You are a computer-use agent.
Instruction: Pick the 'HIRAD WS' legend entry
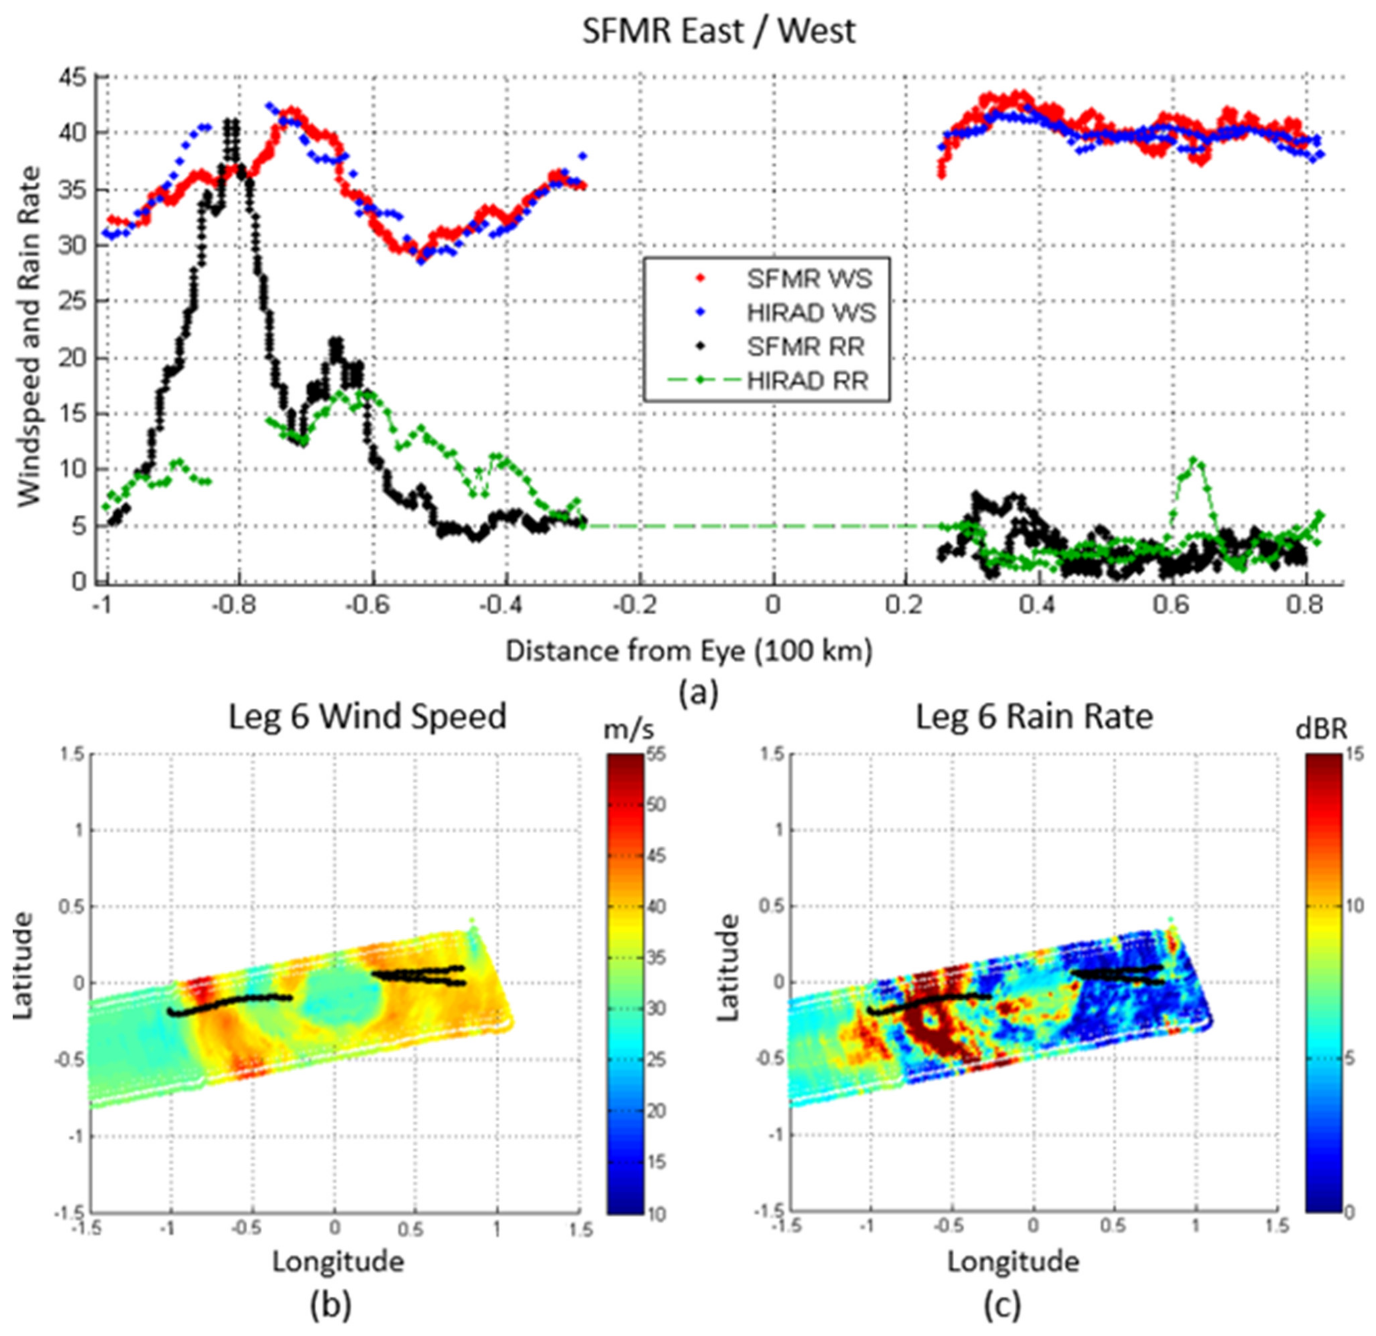(811, 312)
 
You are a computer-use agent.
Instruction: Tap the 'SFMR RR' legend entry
(805, 346)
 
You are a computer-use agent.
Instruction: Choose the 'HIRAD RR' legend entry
(807, 381)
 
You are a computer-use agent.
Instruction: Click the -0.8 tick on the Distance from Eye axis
(239, 604)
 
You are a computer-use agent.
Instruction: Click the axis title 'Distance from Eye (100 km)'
(689, 651)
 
